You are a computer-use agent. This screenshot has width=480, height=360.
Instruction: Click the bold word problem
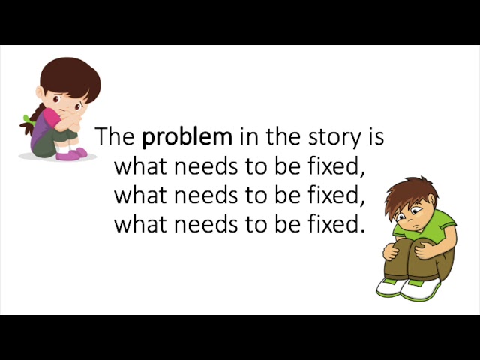click(x=187, y=138)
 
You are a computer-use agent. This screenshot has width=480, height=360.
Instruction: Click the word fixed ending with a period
click(x=334, y=223)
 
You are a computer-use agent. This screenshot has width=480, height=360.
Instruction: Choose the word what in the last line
click(x=137, y=223)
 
